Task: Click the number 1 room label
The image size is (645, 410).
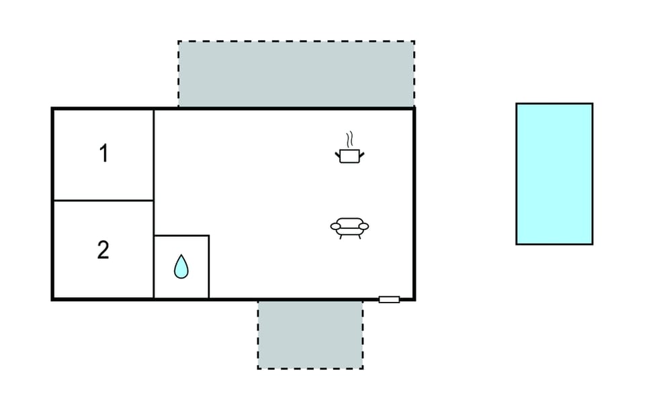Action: tap(103, 153)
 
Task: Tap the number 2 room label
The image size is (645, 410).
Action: tap(103, 250)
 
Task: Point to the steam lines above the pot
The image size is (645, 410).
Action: tap(349, 140)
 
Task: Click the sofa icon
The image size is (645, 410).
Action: tap(349, 228)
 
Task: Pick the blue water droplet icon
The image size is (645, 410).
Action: tap(181, 266)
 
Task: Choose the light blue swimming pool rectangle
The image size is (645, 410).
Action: tap(554, 174)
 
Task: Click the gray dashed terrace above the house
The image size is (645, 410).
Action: tap(296, 74)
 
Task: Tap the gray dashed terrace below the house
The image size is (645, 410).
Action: tap(310, 335)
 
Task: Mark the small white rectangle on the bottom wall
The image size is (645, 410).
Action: tap(389, 299)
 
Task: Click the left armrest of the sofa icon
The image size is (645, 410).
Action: tap(336, 226)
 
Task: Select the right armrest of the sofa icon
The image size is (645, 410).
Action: tap(363, 226)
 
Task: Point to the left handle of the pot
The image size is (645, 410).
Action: tap(338, 155)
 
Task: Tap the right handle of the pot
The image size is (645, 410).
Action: tap(362, 155)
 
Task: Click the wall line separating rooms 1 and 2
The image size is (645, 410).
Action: tap(103, 201)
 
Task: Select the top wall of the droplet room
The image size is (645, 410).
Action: tap(181, 236)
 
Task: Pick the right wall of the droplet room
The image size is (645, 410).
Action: tap(209, 267)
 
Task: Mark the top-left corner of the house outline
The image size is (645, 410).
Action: tap(52, 109)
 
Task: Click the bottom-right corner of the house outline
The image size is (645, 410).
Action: tap(415, 299)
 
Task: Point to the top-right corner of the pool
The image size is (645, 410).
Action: tap(593, 103)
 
